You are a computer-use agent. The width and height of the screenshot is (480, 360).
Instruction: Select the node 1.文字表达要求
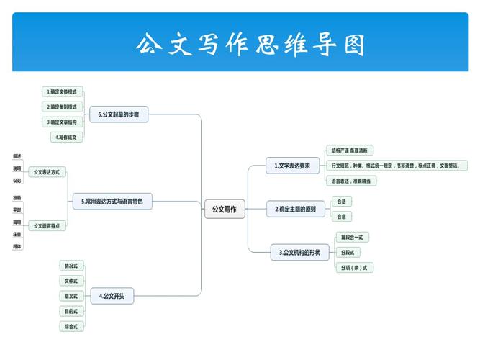[292, 166]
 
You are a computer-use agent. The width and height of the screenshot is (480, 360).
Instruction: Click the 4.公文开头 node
[112, 296]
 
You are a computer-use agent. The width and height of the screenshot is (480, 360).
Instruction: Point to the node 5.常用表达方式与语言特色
[112, 202]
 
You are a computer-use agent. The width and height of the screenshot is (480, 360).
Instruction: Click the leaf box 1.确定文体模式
[62, 92]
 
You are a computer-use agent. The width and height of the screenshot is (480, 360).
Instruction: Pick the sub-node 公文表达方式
[46, 172]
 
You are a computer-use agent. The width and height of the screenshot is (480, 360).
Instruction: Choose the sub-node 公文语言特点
[46, 226]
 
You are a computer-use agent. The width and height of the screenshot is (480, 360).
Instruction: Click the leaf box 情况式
[71, 266]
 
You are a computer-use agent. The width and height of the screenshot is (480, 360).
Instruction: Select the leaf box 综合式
[71, 326]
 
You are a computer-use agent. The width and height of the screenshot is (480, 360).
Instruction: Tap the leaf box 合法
[341, 202]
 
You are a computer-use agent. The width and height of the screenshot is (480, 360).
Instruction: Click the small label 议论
[17, 181]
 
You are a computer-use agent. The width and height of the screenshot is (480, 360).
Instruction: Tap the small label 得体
[17, 246]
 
